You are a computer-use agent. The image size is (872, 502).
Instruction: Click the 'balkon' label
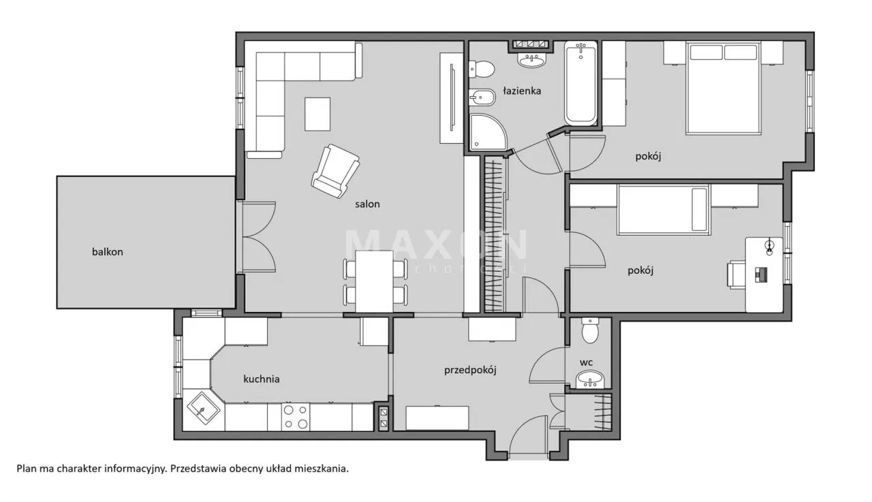(x=108, y=251)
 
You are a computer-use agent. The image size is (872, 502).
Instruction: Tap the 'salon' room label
(x=367, y=204)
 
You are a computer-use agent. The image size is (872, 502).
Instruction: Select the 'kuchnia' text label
(x=262, y=379)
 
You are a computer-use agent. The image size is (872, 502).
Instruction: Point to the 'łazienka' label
(x=522, y=91)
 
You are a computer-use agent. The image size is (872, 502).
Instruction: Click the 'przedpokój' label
(x=470, y=371)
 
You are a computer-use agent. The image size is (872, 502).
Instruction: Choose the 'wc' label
(x=587, y=362)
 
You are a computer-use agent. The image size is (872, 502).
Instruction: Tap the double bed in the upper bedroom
(x=723, y=87)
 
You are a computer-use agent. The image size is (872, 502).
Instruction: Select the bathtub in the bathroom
(x=580, y=83)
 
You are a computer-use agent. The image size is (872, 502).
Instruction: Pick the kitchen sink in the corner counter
(x=203, y=409)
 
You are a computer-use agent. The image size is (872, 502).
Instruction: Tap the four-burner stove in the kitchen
(x=295, y=417)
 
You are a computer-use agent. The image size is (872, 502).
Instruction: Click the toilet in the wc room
(x=590, y=332)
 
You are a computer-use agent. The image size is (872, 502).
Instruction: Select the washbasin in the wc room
(x=590, y=379)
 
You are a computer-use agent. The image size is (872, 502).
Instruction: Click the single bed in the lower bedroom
(x=664, y=208)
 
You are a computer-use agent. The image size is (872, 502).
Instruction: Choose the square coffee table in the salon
(x=317, y=114)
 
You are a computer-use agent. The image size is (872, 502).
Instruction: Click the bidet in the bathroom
(x=482, y=100)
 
